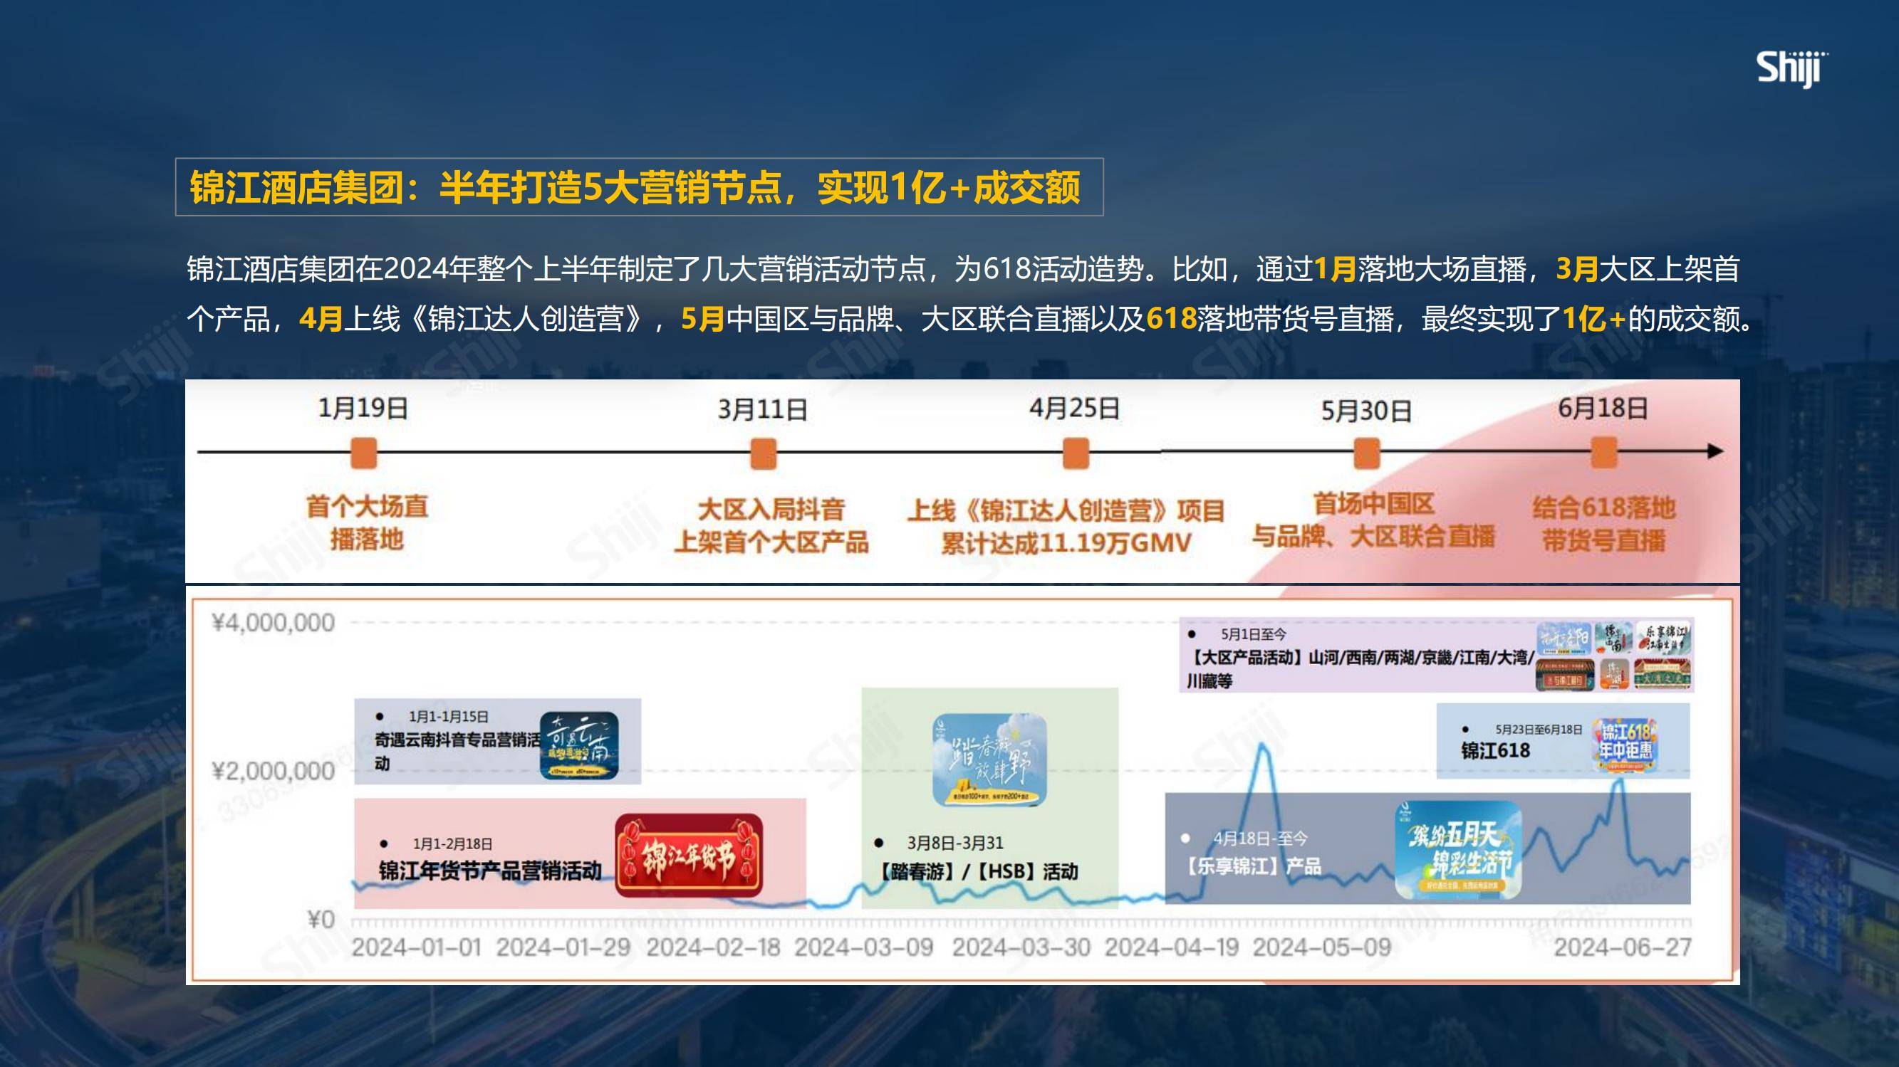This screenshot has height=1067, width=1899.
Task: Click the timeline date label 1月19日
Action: (x=363, y=409)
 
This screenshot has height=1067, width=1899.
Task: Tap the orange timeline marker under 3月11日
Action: (x=763, y=453)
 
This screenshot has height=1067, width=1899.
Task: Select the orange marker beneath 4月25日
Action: (x=1076, y=453)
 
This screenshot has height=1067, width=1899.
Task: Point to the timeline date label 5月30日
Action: (x=1366, y=411)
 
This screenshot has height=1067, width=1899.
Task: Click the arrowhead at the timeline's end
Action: (x=1715, y=452)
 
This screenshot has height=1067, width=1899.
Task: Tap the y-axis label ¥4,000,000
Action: (x=273, y=624)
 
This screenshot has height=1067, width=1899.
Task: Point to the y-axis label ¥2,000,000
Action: (x=273, y=772)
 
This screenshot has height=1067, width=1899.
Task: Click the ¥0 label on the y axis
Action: (x=321, y=920)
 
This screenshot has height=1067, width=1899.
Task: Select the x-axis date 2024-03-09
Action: (x=863, y=947)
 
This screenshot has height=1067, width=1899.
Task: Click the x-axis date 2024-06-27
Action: (x=1623, y=947)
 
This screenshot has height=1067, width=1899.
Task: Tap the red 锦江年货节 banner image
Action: (x=689, y=856)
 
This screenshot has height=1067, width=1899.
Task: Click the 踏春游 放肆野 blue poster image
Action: (x=989, y=759)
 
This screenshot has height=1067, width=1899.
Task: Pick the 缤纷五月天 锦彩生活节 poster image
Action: (x=1457, y=851)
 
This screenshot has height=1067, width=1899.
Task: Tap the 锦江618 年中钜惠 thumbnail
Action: (x=1625, y=745)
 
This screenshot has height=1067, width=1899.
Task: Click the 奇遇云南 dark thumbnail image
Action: (x=578, y=745)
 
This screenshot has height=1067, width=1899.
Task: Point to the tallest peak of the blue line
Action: (x=1262, y=745)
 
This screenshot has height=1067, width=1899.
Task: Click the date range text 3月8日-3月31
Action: (x=954, y=843)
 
